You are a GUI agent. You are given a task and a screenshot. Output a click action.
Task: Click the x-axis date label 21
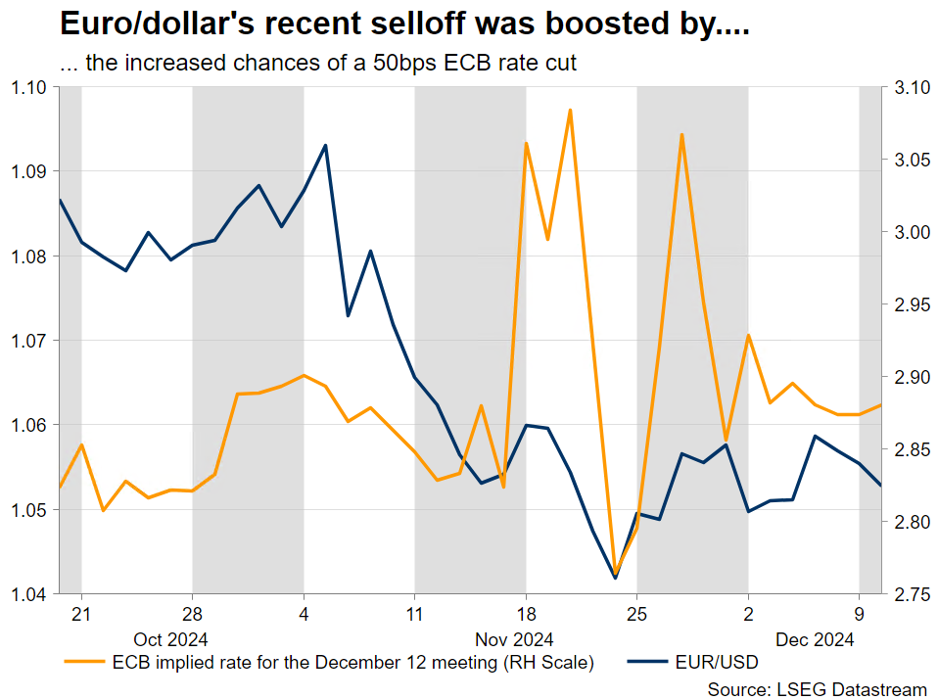[x=81, y=616]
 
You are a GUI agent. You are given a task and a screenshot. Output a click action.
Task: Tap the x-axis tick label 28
[x=192, y=616]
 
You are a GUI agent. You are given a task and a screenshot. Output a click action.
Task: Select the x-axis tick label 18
[x=526, y=616]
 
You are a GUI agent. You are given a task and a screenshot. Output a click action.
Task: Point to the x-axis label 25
[x=636, y=616]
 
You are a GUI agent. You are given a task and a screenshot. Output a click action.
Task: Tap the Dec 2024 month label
[x=816, y=639]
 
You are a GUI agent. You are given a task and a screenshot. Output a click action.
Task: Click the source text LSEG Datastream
[x=817, y=689]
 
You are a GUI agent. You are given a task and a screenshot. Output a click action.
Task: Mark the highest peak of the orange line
[x=570, y=110]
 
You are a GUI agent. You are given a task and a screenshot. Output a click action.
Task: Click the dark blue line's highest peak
[x=325, y=145]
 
